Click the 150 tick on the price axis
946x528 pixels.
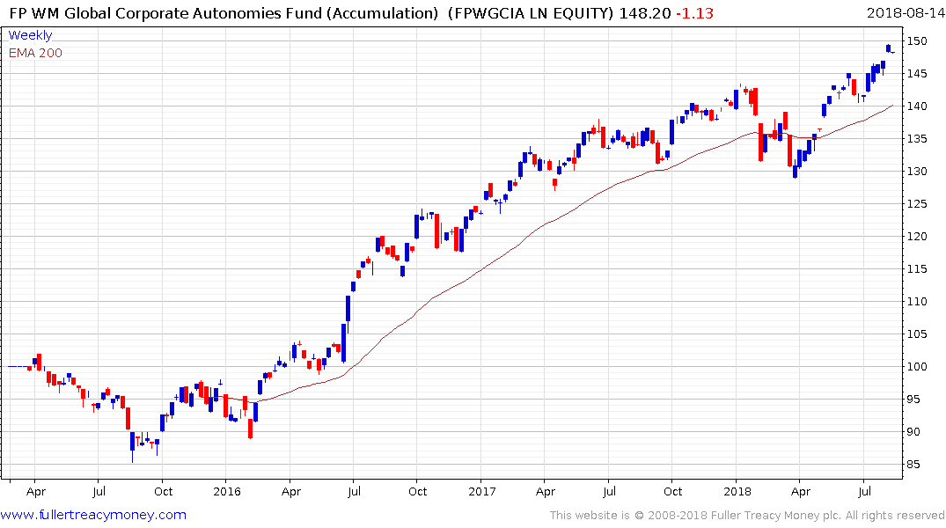918,41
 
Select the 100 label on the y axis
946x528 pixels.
918,367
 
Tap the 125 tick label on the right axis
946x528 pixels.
918,204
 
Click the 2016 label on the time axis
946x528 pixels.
226,491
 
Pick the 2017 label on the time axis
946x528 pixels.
482,491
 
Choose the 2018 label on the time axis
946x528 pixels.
737,491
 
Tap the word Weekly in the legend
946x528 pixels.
30,35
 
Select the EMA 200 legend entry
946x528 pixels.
35,53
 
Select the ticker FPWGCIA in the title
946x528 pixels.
486,13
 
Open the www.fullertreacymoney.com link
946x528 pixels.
93,515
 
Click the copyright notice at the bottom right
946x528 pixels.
746,516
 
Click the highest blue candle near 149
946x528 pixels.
889,48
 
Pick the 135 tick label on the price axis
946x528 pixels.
918,139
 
